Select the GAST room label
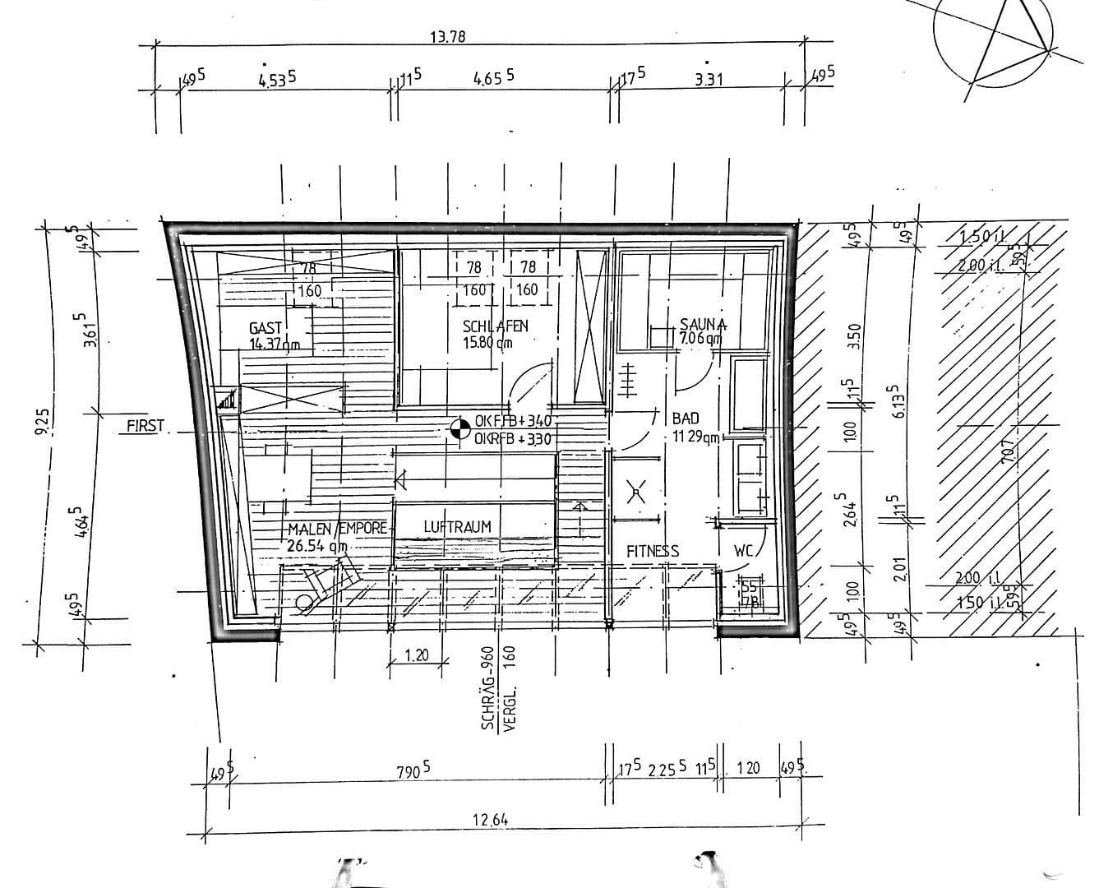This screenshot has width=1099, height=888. [266, 329]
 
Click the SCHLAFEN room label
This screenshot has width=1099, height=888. [495, 326]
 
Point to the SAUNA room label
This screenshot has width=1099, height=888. [703, 324]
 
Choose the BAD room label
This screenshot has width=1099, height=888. [685, 419]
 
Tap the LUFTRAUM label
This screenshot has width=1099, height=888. [457, 527]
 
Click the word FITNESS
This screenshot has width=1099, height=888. [653, 551]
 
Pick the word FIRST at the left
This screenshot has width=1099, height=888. [145, 426]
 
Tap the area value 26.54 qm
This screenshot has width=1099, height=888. [316, 545]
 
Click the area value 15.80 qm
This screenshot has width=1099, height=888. [487, 341]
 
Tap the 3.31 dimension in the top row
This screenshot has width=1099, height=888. [708, 80]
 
